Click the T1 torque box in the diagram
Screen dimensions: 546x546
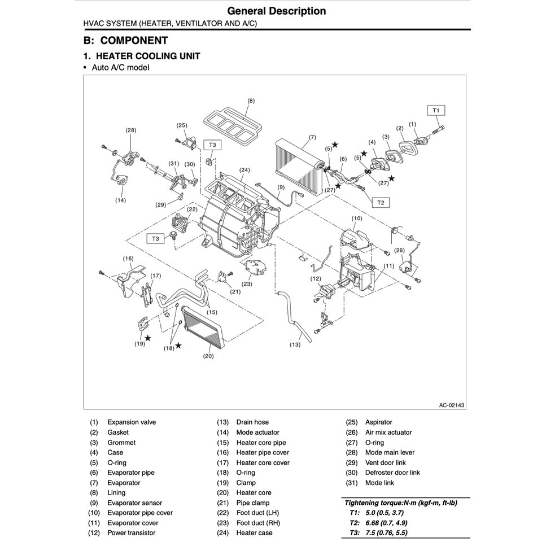click(435, 111)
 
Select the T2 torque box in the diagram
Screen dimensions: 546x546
click(380, 202)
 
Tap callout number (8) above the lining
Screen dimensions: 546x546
click(251, 101)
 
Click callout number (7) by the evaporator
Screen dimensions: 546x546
click(312, 137)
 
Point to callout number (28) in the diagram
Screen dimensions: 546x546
click(131, 130)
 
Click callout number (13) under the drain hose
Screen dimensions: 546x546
click(295, 344)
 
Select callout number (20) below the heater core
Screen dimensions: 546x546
click(208, 356)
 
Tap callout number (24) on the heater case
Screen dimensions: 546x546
click(244, 170)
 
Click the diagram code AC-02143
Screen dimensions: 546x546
click(452, 404)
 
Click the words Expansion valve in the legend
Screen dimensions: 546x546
click(132, 422)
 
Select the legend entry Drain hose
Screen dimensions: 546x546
click(252, 422)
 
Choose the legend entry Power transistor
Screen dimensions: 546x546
click(131, 533)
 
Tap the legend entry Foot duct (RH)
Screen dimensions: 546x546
click(258, 523)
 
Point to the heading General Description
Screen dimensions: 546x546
click(276, 11)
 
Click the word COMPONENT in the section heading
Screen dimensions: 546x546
click(134, 41)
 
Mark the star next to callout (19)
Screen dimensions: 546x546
click(147, 338)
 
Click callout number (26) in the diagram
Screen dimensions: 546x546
click(399, 250)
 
